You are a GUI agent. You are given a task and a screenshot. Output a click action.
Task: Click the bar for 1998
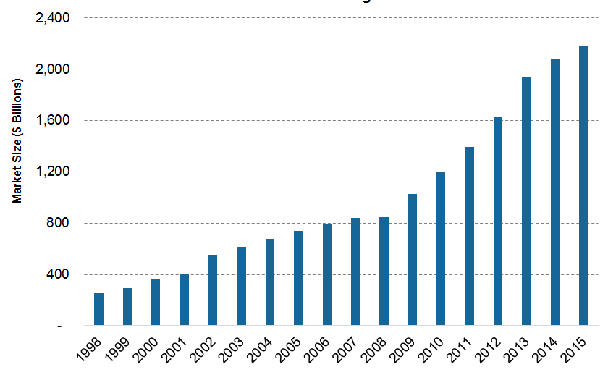pos(98,309)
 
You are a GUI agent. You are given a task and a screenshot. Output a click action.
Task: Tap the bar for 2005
pos(298,279)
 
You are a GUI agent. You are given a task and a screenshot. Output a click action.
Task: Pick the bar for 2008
pos(384,271)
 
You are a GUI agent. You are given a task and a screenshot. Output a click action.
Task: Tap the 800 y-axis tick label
pos(56,224)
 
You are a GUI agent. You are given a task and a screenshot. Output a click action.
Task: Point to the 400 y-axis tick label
pos(56,275)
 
